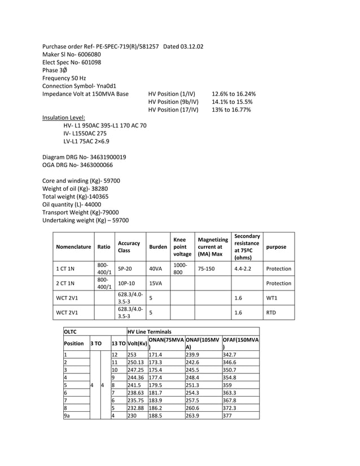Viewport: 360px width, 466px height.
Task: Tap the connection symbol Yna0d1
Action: [104, 86]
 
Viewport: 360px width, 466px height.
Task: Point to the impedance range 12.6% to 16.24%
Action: [234, 94]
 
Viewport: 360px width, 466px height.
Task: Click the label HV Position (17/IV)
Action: [173, 110]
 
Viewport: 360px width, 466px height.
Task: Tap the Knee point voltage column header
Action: [180, 247]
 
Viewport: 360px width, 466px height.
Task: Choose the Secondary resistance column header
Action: [247, 247]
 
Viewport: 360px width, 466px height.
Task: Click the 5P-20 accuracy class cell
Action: [125, 269]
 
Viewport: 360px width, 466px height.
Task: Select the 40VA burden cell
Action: [155, 269]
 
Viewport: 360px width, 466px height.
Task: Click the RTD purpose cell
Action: [272, 311]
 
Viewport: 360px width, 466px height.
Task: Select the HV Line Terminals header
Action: [150, 332]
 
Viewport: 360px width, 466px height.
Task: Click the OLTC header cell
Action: [70, 332]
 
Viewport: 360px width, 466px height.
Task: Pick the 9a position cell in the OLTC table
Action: [67, 416]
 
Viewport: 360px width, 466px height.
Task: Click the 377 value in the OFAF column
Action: [228, 416]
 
